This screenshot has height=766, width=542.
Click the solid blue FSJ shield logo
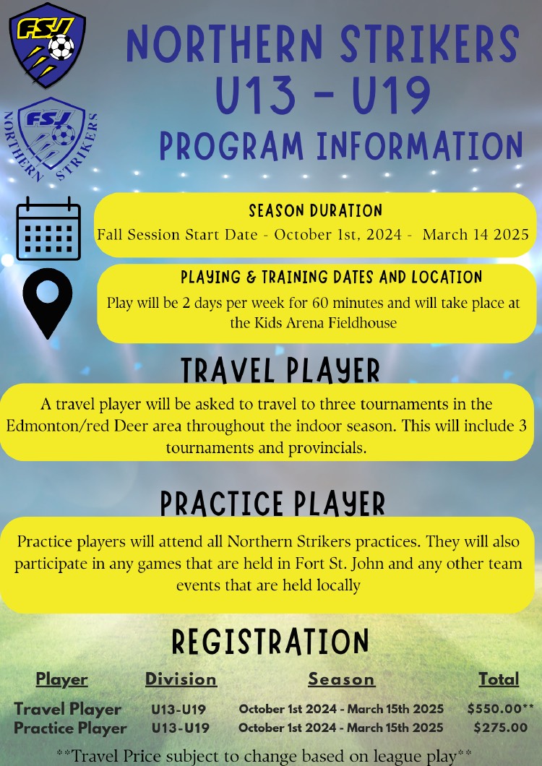coord(48,45)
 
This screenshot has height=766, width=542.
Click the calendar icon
coord(48,228)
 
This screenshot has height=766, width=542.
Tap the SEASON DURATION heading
coord(315,210)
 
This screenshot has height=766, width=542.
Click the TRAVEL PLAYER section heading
coord(280,371)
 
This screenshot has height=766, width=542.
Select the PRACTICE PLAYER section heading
coord(272,504)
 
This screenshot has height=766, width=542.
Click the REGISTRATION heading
coord(270,642)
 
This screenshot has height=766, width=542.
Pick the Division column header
coord(181,679)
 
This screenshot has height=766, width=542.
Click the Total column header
coord(499,679)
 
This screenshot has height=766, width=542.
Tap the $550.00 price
coord(496,709)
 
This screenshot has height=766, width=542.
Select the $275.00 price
coord(501,728)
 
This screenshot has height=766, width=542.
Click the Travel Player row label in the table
coord(67,710)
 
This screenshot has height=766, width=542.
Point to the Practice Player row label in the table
coord(70,728)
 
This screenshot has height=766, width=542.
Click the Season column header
coord(341,679)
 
